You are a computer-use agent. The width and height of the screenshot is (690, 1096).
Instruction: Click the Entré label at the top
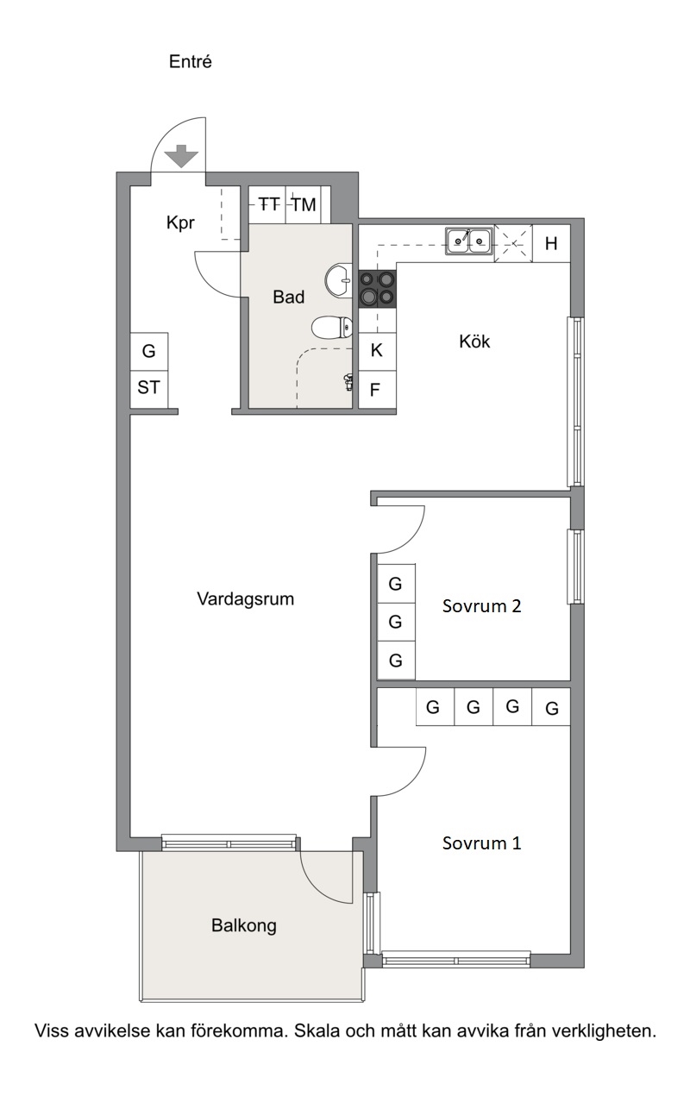190,61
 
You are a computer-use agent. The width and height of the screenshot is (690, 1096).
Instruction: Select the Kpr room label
180,223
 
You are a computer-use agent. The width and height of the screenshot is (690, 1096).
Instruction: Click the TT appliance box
267,204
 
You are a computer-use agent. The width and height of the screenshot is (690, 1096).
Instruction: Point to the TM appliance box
304,204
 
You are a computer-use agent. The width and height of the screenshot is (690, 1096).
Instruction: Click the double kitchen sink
469,241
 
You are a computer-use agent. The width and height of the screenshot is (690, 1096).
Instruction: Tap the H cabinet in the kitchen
551,243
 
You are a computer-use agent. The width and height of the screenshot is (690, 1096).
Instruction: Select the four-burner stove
377,289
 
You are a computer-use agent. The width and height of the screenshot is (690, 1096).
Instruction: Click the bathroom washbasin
339,280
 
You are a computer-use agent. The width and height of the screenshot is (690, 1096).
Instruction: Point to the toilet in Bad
332,328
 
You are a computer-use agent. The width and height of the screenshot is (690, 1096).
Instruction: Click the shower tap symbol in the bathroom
348,382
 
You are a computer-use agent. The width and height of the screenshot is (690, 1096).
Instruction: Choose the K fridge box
377,351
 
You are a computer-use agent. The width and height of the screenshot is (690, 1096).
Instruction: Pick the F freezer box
377,390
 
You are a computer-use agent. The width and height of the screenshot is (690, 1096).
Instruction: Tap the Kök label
474,341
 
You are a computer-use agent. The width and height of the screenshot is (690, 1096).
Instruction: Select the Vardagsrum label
245,599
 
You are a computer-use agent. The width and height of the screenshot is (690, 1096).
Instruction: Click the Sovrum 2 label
481,606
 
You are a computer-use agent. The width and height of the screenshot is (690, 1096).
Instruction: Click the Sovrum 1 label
481,843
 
